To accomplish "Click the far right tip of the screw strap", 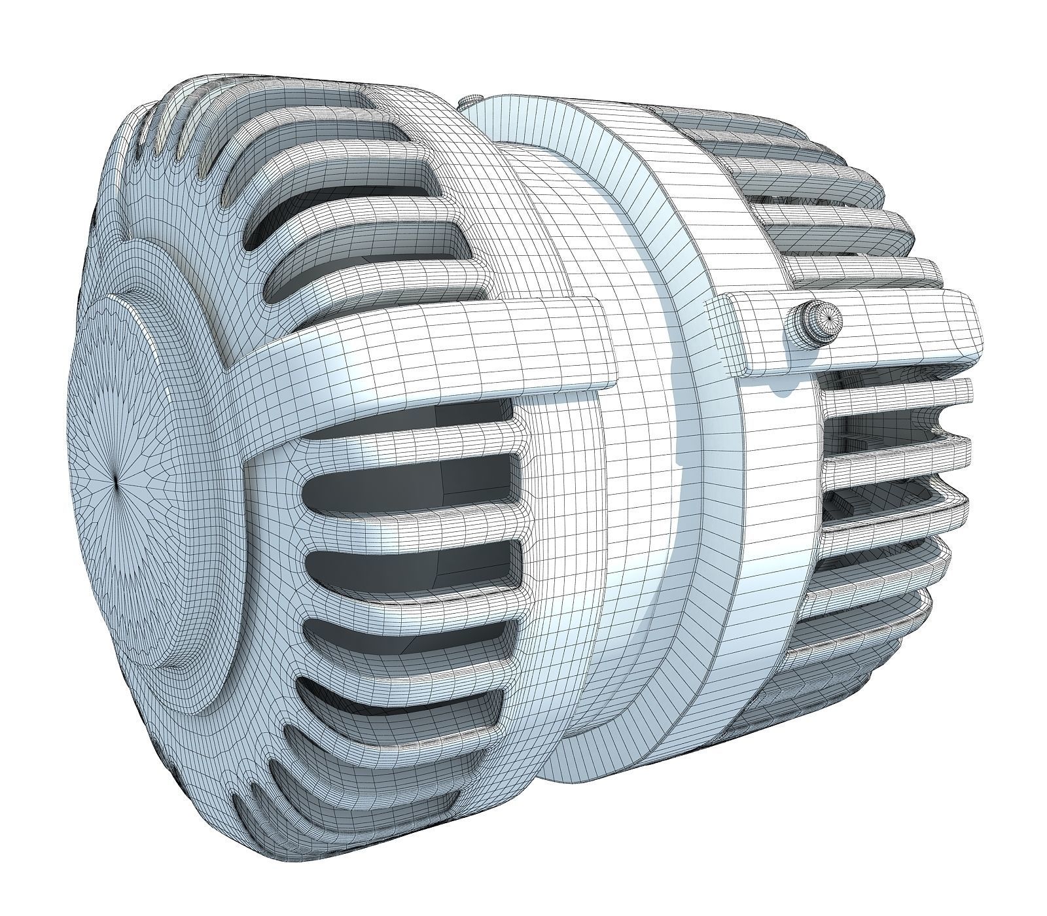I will [x=979, y=324].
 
